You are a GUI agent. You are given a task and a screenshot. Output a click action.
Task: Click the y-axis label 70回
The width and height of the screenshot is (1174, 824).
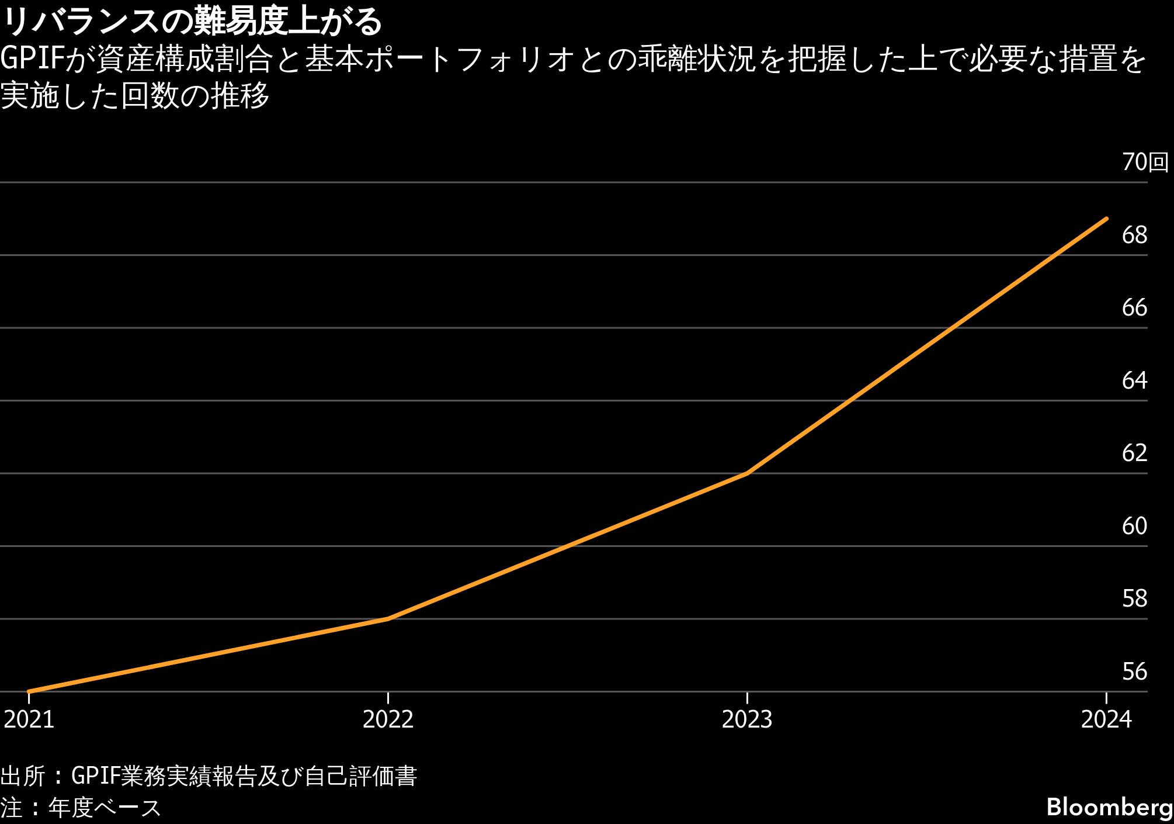(1145, 162)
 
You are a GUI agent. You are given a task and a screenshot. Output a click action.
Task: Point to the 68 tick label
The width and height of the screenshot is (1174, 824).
(1134, 235)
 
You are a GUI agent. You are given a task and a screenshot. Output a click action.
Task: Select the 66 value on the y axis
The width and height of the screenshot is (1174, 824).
(1134, 307)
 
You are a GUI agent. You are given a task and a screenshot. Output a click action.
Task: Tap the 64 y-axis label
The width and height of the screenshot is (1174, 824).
(1134, 380)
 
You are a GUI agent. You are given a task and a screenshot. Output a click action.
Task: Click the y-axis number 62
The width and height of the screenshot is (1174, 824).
(1134, 453)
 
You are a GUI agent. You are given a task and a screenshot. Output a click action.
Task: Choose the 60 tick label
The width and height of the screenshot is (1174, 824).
(1134, 526)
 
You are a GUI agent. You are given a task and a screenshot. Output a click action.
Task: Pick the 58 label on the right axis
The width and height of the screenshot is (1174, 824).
(1134, 598)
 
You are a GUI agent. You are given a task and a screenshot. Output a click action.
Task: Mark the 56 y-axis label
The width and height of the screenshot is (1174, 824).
(1134, 671)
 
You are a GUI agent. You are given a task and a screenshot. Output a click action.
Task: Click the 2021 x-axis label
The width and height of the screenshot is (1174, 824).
(29, 719)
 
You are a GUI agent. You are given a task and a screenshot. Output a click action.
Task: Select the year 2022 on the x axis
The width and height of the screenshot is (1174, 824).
(388, 719)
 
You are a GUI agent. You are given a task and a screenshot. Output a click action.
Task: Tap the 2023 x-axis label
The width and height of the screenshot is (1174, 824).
(747, 719)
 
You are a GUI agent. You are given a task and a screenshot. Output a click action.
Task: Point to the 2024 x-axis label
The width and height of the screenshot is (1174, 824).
(1106, 719)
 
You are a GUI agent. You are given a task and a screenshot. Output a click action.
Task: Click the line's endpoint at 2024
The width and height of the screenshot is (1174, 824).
(1106, 219)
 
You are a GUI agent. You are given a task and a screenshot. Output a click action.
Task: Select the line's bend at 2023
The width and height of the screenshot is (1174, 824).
(748, 473)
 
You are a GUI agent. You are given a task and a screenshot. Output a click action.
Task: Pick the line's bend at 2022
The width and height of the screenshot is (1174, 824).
(388, 619)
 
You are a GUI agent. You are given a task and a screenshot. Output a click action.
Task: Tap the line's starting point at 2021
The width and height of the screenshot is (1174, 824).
(29, 691)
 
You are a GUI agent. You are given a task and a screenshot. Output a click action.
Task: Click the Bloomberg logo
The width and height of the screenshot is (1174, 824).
(1109, 807)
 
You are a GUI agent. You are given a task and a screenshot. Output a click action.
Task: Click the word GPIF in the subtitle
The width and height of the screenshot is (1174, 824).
(32, 58)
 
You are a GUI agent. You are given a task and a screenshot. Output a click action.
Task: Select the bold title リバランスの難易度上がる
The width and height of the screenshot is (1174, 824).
(192, 22)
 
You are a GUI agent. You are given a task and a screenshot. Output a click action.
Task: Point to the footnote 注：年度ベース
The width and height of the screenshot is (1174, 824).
(81, 808)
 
